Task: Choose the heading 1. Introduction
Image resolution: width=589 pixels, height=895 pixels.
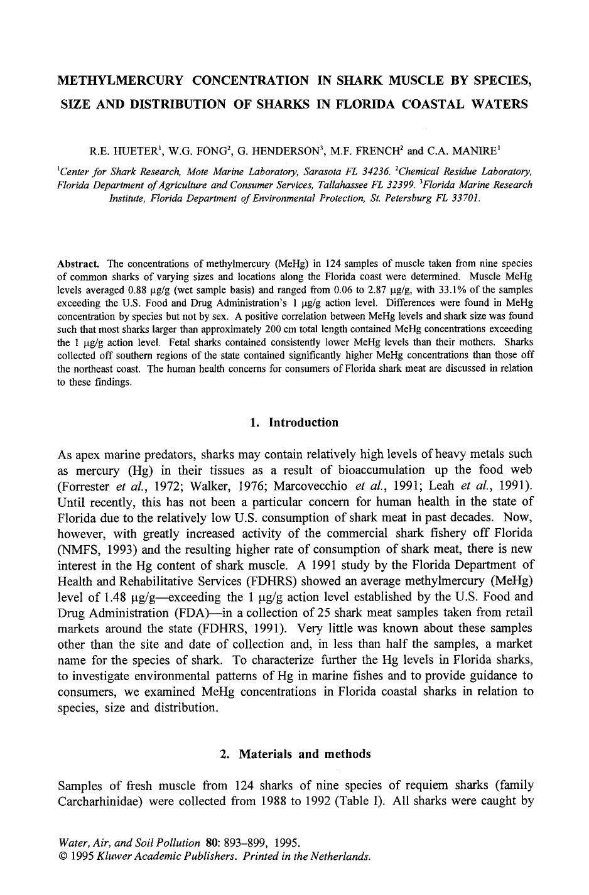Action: tap(294, 423)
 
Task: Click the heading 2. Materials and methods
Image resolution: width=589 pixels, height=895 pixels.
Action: tap(294, 754)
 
